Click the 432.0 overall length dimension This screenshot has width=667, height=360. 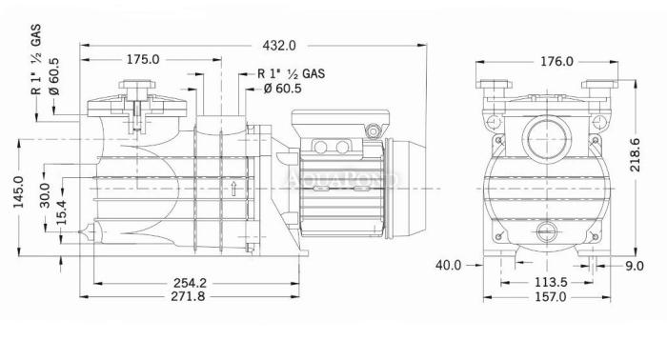[x=278, y=46]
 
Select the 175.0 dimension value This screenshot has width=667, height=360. [x=143, y=59]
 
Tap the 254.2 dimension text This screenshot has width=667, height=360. [x=190, y=283]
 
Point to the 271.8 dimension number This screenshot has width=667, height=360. [x=188, y=296]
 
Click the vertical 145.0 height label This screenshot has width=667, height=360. [x=19, y=191]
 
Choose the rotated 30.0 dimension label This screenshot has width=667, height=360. [x=45, y=195]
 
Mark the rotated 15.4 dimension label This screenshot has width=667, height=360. [x=62, y=212]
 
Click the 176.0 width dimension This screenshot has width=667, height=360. [x=556, y=62]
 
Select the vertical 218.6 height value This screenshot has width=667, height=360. [x=636, y=154]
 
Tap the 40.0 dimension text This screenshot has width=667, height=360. [x=448, y=265]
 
